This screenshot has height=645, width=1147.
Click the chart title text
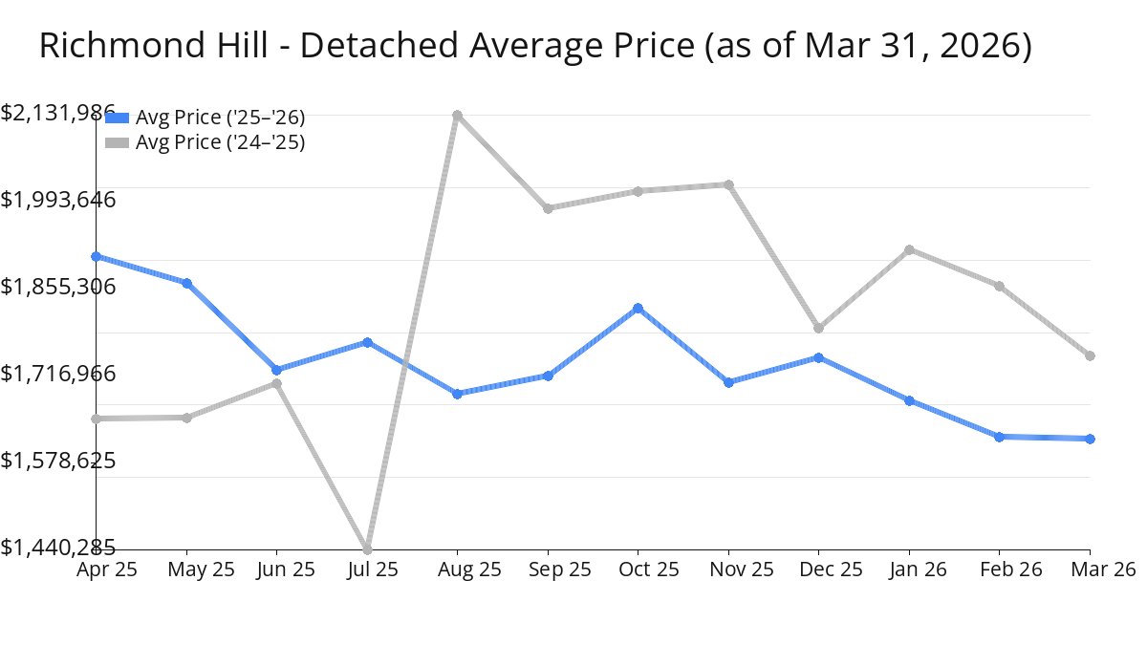(535, 46)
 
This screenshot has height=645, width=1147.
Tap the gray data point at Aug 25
(458, 116)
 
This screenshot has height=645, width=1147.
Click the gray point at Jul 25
(367, 549)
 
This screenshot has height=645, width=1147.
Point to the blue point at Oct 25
(638, 309)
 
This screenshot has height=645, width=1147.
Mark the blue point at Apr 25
(96, 256)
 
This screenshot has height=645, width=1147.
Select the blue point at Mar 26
(1091, 439)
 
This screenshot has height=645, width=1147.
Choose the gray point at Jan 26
(909, 249)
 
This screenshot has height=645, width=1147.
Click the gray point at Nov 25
(728, 184)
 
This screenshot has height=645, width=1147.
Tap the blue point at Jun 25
(276, 370)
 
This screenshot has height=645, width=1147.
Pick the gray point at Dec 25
(818, 328)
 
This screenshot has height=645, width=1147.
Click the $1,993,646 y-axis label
(58, 200)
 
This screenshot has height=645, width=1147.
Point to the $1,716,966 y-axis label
(58, 374)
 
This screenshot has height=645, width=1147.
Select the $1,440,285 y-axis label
(58, 548)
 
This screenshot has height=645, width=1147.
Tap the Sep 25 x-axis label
(548, 570)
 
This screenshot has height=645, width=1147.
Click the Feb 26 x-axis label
(999, 570)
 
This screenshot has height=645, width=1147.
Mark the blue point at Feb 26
(999, 437)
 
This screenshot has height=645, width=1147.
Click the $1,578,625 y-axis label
(58, 461)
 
